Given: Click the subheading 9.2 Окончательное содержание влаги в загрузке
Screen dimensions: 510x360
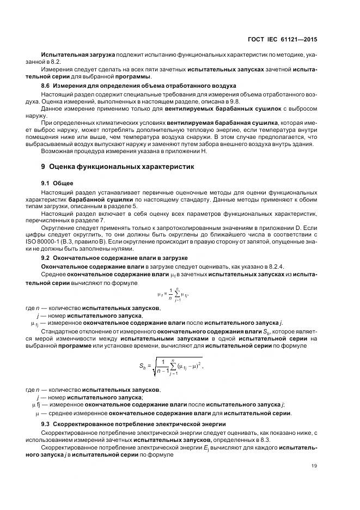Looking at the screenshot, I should click(x=115, y=257).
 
